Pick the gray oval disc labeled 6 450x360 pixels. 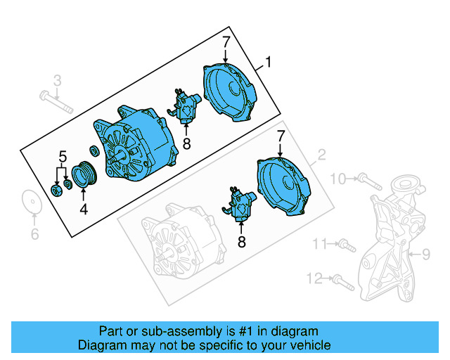pyautogui.click(x=30, y=202)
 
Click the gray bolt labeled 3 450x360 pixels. pyautogui.click(x=58, y=103)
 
